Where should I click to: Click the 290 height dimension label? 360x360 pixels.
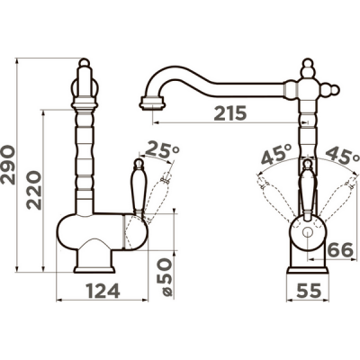[x=7, y=165]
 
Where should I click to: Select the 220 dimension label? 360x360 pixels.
[x=34, y=190]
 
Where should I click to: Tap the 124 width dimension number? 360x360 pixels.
[x=103, y=291]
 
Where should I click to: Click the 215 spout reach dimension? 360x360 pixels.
[x=230, y=113]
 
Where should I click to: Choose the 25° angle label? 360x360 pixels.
[x=162, y=149]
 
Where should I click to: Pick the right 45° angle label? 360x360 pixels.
[x=342, y=155]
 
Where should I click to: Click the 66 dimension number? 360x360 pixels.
[x=340, y=250]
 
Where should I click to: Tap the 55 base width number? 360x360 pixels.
[x=309, y=291]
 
